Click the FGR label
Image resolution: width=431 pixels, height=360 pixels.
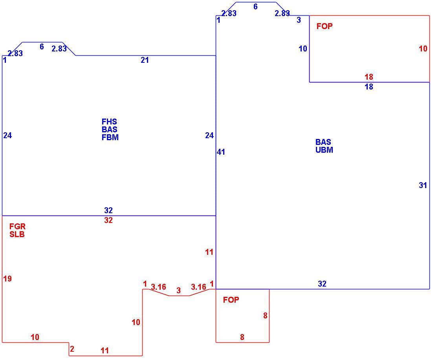[17, 227]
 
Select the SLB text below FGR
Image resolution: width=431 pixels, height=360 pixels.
[17, 234]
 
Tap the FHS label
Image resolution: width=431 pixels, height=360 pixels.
[109, 122]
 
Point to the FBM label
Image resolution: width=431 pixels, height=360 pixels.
[110, 137]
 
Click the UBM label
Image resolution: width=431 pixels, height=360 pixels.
[325, 150]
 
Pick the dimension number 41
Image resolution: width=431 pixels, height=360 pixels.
[221, 152]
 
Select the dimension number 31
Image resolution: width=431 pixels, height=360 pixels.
[423, 185]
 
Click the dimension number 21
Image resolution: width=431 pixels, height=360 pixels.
[145, 60]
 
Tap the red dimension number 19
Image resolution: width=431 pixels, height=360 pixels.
[7, 279]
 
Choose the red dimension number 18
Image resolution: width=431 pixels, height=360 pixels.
[369, 77]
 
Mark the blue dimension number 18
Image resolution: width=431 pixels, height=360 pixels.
[369, 87]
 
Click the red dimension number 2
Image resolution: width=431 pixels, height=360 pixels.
[72, 349]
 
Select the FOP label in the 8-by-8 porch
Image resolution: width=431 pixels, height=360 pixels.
[231, 300]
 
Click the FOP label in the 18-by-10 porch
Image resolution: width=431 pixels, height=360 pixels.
[325, 26]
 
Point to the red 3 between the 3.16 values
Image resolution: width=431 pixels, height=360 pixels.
[179, 290]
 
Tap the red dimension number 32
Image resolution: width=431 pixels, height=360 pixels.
[108, 220]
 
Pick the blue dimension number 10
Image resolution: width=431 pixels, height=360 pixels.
[303, 49]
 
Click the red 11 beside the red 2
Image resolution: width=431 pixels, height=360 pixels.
[105, 351]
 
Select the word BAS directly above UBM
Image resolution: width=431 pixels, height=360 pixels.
[323, 142]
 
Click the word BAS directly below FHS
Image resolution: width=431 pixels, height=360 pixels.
[109, 129]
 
